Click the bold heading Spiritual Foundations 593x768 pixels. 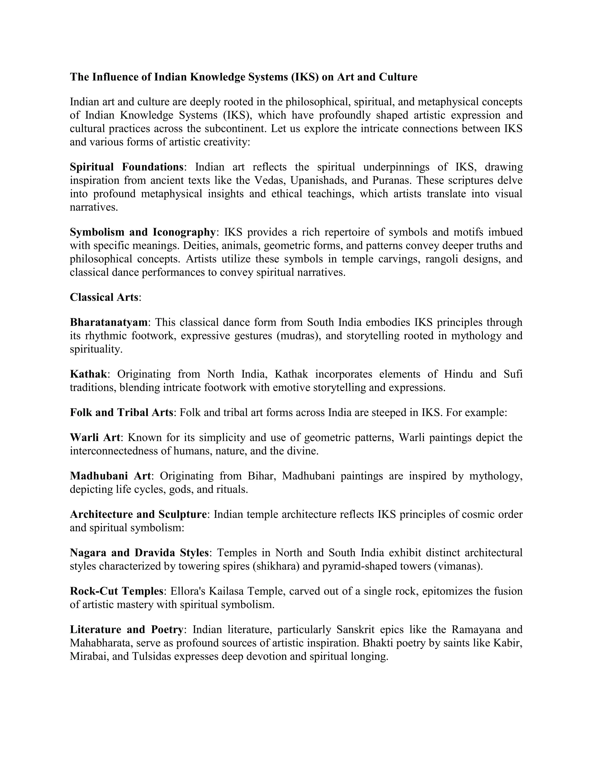(127, 167)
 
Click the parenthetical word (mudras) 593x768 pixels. (298, 336)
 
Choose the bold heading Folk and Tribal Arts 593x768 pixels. (122, 412)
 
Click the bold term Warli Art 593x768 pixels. (95, 438)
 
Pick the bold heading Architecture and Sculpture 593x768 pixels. (138, 514)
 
